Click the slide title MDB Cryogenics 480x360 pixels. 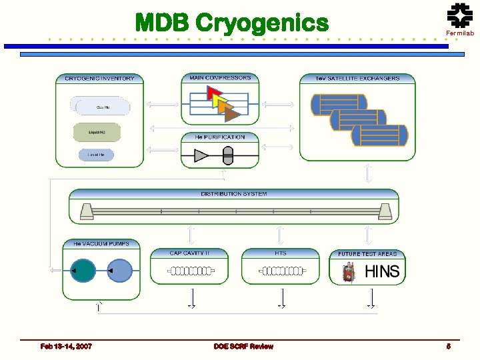[x=231, y=22]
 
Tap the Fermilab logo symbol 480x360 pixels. [x=459, y=15]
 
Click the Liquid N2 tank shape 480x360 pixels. [x=97, y=132]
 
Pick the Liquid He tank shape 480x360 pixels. [x=96, y=155]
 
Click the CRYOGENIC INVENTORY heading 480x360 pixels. [x=99, y=79]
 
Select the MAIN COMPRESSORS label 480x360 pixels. [x=220, y=78]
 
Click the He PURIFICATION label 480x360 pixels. [x=220, y=137]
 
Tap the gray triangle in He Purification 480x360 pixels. [x=201, y=156]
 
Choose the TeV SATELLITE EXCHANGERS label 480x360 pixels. [x=357, y=79]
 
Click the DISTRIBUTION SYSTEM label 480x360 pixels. [x=234, y=194]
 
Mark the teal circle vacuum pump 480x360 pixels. [x=83, y=271]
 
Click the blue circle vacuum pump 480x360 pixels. [x=120, y=271]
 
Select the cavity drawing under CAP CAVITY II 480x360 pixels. [x=190, y=271]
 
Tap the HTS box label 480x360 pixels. [x=281, y=253]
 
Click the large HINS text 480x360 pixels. [x=382, y=271]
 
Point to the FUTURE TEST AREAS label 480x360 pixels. [x=367, y=254]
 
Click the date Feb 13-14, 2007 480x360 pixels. [x=66, y=347]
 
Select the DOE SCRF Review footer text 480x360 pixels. [x=243, y=347]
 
